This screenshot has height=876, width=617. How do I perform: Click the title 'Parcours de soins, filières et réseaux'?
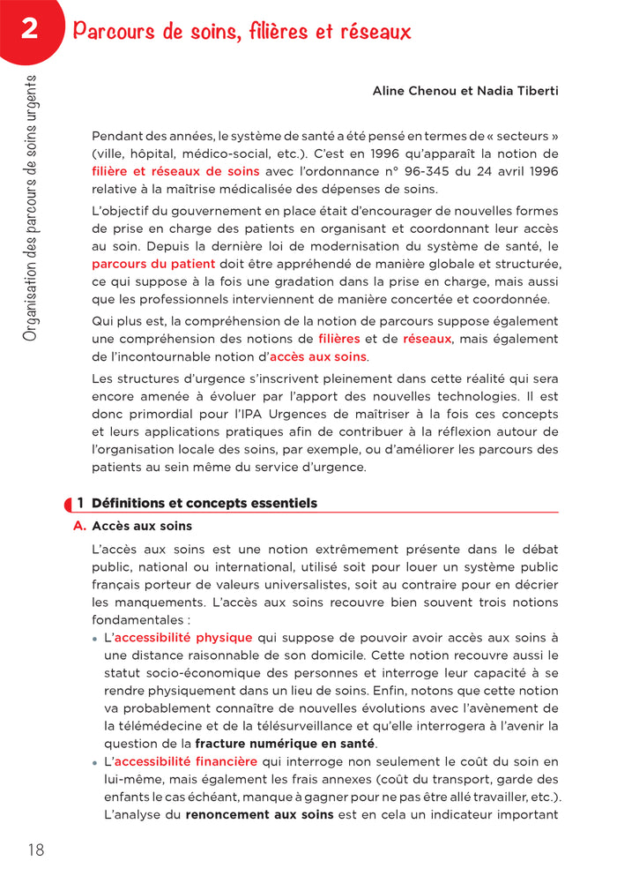click(242, 33)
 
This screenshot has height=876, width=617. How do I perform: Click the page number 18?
click(35, 850)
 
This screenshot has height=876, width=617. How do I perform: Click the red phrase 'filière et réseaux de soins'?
click(175, 171)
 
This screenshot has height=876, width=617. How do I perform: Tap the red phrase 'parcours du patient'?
click(152, 264)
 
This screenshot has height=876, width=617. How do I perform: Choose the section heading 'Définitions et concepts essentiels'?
click(204, 503)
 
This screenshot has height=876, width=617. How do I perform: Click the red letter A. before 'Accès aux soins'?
click(79, 527)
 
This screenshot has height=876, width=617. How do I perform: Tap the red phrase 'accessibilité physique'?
click(183, 637)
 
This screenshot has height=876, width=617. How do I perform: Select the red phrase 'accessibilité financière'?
click(185, 761)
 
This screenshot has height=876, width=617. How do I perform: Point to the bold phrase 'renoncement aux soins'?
click(259, 814)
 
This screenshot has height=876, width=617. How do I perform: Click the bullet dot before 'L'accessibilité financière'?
click(95, 762)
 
